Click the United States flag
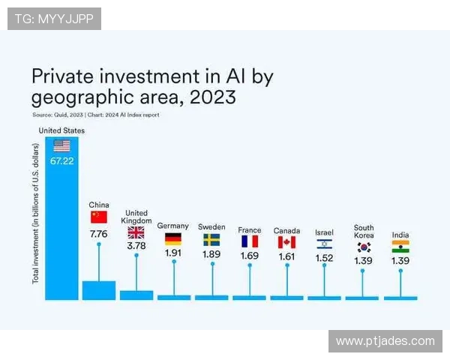(x=61, y=145)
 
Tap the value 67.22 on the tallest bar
(x=61, y=160)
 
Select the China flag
(x=99, y=217)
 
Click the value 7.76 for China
(x=99, y=233)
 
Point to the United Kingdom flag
(x=136, y=232)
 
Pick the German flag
(x=173, y=238)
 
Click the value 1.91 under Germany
(x=173, y=253)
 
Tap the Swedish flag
(x=211, y=239)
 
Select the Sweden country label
(x=211, y=226)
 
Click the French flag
(x=249, y=241)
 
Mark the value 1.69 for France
(x=249, y=256)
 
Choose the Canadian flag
(x=286, y=242)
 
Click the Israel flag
(x=325, y=244)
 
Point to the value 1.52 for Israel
(x=325, y=258)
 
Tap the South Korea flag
(x=364, y=247)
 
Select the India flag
(x=400, y=246)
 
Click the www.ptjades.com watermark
(x=385, y=341)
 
